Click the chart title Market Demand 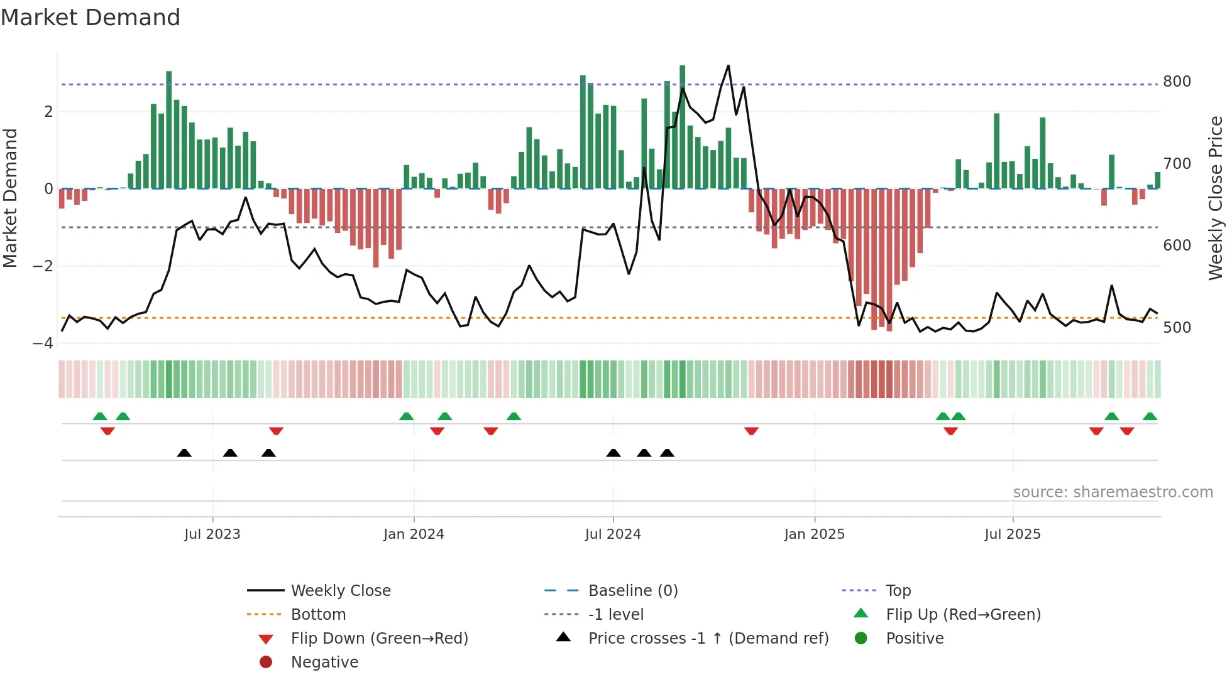click(x=91, y=17)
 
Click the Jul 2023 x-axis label click(x=212, y=534)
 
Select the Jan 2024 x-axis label click(x=414, y=534)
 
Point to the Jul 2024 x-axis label click(x=613, y=534)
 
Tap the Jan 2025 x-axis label click(x=815, y=534)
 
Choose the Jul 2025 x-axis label click(x=1013, y=534)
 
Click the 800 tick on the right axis click(x=1177, y=82)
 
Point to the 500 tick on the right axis click(x=1177, y=328)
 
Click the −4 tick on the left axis click(x=43, y=343)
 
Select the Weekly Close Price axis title click(x=1216, y=198)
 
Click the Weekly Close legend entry click(x=340, y=591)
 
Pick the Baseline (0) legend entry click(x=632, y=591)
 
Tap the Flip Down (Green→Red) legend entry click(x=379, y=639)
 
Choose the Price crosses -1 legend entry click(x=708, y=639)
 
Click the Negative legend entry click(x=324, y=662)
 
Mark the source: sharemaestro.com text click(x=1113, y=492)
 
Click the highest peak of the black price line click(x=729, y=65)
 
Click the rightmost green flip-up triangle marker click(x=1150, y=416)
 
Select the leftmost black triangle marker click(x=184, y=453)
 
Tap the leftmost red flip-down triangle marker click(x=107, y=431)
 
